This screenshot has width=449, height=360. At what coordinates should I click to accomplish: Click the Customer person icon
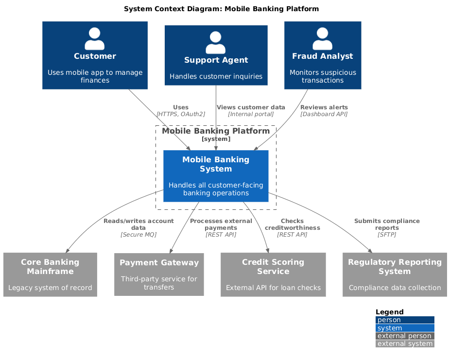pyautogui.click(x=94, y=39)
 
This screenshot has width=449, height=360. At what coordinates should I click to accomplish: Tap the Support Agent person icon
pyautogui.click(x=216, y=42)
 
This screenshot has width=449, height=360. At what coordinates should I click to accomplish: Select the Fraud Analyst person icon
pyautogui.click(x=323, y=39)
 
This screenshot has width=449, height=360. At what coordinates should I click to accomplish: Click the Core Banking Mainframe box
pyautogui.click(x=50, y=274)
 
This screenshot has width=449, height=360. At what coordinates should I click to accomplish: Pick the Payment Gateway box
pyautogui.click(x=159, y=274)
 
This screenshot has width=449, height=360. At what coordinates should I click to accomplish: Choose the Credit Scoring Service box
pyautogui.click(x=273, y=274)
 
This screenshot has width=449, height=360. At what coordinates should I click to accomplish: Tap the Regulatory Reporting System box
pyautogui.click(x=395, y=274)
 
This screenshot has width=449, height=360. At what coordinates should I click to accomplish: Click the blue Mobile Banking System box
pyautogui.click(x=216, y=176)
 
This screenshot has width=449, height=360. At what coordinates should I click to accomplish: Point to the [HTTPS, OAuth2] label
pyautogui.click(x=181, y=114)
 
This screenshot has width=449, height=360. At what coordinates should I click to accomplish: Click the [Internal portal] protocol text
pyautogui.click(x=251, y=114)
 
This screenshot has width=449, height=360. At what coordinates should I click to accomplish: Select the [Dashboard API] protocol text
pyautogui.click(x=324, y=114)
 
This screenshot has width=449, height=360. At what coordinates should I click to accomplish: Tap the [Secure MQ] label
pyautogui.click(x=138, y=235)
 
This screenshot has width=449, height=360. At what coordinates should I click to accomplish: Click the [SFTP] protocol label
pyautogui.click(x=387, y=235)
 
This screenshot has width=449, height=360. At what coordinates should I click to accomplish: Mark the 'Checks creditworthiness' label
pyautogui.click(x=293, y=224)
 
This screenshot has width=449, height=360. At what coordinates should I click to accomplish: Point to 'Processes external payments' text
pyautogui.click(x=221, y=224)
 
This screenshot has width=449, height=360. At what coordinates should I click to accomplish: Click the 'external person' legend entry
pyautogui.click(x=405, y=336)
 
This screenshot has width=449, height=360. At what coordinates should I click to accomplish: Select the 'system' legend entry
pyautogui.click(x=405, y=328)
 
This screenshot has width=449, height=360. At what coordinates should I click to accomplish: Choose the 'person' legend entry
pyautogui.click(x=405, y=320)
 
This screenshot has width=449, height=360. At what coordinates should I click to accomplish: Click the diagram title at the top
pyautogui.click(x=222, y=9)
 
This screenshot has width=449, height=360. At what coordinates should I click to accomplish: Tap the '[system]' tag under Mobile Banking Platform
pyautogui.click(x=216, y=139)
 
